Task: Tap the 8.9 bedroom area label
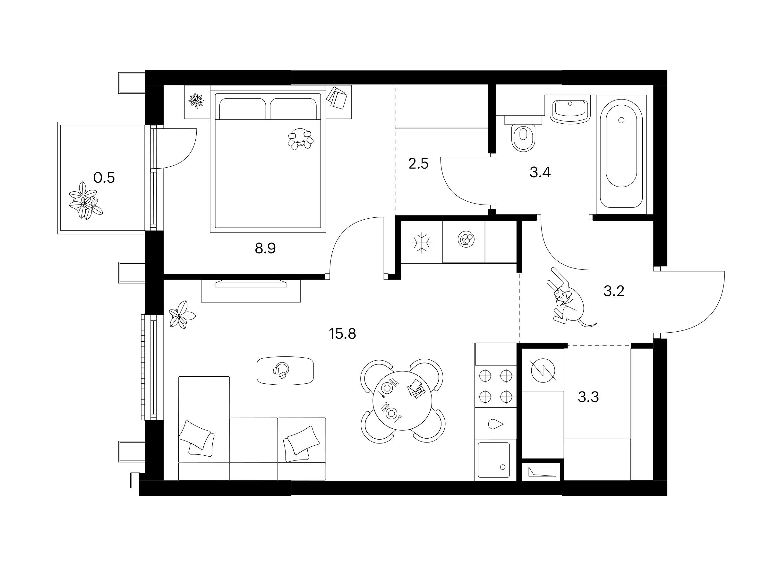tap(265, 249)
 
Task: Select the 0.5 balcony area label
tap(104, 178)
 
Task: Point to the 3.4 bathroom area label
tap(540, 172)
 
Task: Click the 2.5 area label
tap(418, 163)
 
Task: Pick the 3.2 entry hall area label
tap(614, 291)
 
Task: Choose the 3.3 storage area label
tap(588, 397)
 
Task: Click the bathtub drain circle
tap(621, 120)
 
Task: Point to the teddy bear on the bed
tap(300, 138)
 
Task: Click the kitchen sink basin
tap(494, 460)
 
